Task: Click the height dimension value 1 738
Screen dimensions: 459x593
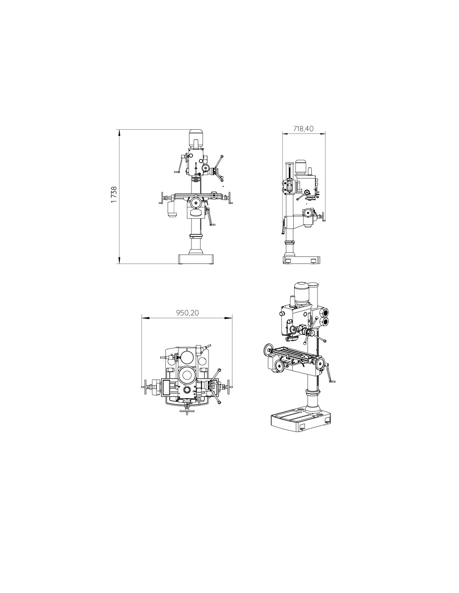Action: (x=114, y=194)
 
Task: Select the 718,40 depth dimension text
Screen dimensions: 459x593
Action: (x=303, y=128)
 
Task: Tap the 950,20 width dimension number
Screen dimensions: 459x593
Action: (x=187, y=313)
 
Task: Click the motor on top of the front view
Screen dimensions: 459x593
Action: (x=196, y=139)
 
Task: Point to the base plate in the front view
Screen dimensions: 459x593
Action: (x=196, y=259)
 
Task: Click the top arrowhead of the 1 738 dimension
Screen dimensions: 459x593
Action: (x=119, y=133)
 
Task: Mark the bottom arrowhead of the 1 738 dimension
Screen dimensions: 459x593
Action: (x=119, y=261)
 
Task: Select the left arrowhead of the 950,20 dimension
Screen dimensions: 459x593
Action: (x=145, y=318)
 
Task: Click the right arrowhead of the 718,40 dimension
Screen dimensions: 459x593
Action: (x=322, y=134)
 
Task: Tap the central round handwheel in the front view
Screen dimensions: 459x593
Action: (x=196, y=203)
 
